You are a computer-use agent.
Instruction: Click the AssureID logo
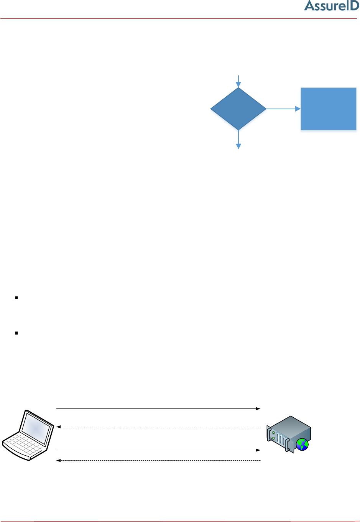tap(331, 6)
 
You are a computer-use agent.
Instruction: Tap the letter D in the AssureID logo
tap(353, 6)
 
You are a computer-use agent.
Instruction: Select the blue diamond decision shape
tap(238, 109)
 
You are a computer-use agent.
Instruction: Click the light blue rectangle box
tap(328, 109)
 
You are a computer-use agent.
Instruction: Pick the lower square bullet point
tap(16, 333)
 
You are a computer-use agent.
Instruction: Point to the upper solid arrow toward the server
tap(157, 409)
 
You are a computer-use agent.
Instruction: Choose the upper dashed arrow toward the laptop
tap(157, 426)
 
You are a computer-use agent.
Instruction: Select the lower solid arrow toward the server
tap(157, 450)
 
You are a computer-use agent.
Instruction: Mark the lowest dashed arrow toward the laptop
tap(157, 460)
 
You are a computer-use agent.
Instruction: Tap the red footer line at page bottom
tap(180, 521)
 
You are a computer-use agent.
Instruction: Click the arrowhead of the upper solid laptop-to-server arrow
tap(258, 409)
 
